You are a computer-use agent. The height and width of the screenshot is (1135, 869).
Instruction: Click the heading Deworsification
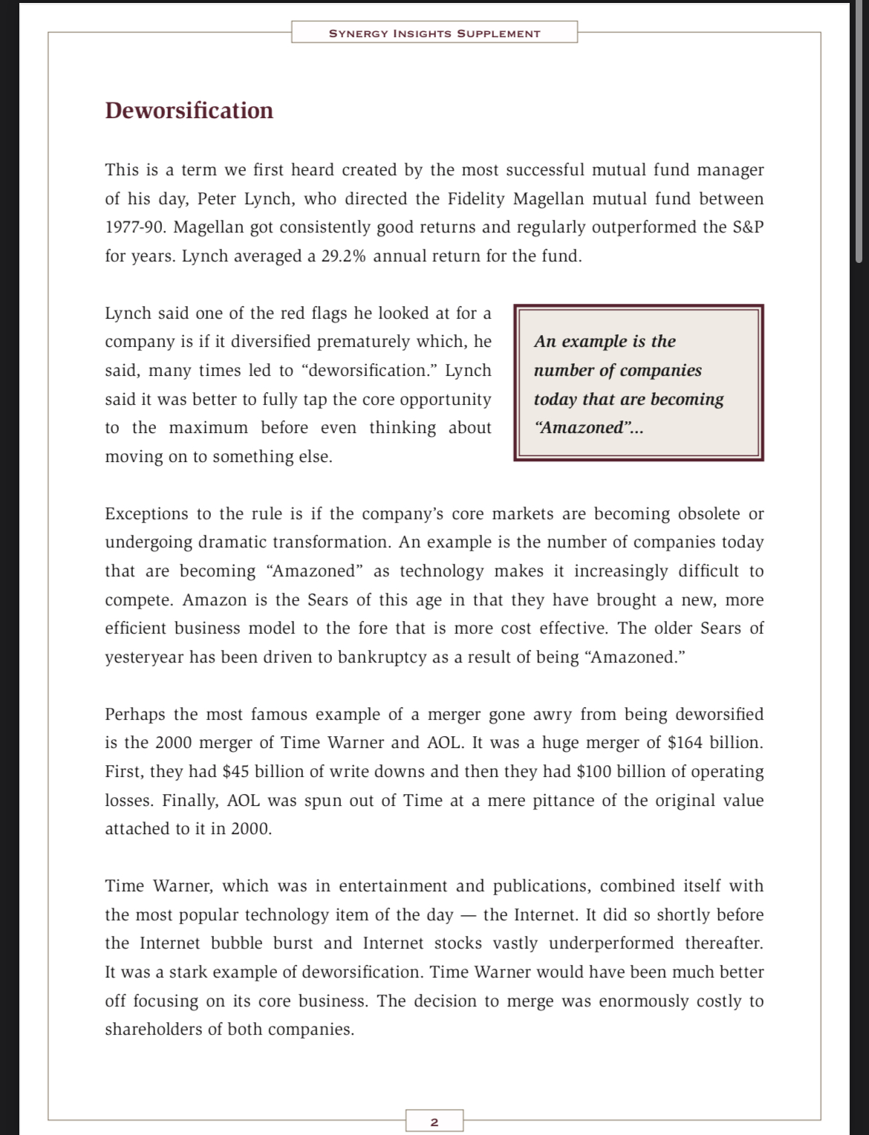189,111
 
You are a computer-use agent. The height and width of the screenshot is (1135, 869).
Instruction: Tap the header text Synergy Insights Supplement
434,33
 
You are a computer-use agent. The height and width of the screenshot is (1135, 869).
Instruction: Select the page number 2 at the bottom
434,1122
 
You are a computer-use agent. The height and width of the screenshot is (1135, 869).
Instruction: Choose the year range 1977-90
136,227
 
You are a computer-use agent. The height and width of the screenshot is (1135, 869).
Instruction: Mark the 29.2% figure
344,256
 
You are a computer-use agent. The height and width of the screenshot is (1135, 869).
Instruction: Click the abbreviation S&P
748,227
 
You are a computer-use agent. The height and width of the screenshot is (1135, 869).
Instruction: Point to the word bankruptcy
382,657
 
